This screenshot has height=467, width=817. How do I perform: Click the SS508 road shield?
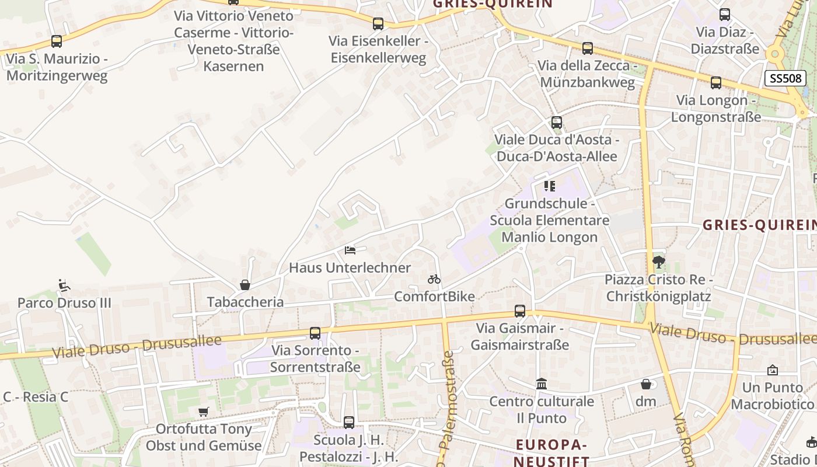[x=785, y=78]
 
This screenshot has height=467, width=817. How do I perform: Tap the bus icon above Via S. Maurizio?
[x=57, y=41]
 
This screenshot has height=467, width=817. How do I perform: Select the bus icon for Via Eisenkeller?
[x=378, y=24]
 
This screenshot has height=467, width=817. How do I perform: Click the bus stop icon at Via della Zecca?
[x=588, y=48]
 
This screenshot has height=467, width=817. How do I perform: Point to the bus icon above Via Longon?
[x=716, y=83]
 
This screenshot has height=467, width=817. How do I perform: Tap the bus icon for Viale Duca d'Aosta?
[x=557, y=123]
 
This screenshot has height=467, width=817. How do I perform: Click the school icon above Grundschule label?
[x=549, y=186]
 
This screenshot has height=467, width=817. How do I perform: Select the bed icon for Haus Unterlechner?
[x=350, y=250]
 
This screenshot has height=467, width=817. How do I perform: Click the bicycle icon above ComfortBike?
[x=434, y=279]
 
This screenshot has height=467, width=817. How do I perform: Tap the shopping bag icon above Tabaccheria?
[x=245, y=285]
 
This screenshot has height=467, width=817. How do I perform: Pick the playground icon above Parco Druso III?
[x=64, y=285]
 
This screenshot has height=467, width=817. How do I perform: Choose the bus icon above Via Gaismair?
[x=520, y=311]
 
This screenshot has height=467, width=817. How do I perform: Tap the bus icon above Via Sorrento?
[x=315, y=333]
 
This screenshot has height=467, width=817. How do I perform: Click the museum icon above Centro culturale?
[x=542, y=384]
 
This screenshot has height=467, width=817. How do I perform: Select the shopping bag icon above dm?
[x=646, y=384]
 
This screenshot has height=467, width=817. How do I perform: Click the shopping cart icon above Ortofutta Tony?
[x=203, y=412]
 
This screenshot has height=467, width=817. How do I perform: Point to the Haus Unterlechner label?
[x=350, y=268]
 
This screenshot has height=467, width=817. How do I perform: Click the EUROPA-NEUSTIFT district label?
[x=551, y=453]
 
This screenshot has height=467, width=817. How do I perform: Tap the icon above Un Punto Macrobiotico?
[x=773, y=370]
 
